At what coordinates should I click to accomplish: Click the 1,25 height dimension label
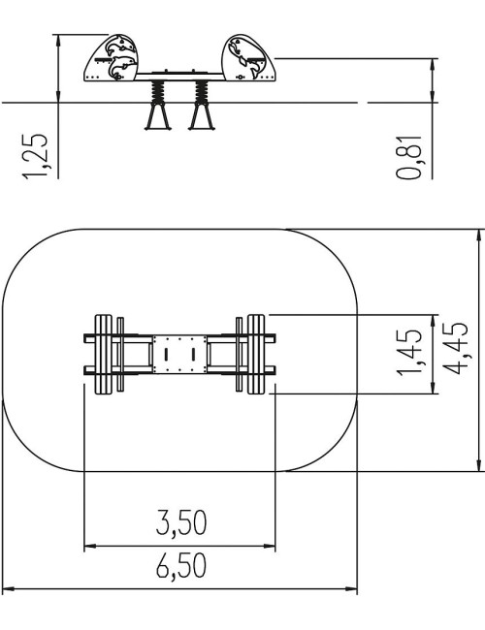pyautogui.click(x=35, y=156)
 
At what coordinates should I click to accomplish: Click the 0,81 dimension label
pyautogui.click(x=409, y=157)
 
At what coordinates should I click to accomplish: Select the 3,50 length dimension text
pyautogui.click(x=181, y=523)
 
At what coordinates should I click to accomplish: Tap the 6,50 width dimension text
pyautogui.click(x=181, y=566)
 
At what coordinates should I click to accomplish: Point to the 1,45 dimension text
pyautogui.click(x=409, y=353)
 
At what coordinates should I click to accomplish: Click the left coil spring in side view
pyautogui.click(x=158, y=92)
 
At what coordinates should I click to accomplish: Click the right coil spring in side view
pyautogui.click(x=201, y=92)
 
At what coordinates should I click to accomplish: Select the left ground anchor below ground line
pyautogui.click(x=158, y=117)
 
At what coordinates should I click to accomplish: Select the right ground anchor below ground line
pyautogui.click(x=201, y=117)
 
